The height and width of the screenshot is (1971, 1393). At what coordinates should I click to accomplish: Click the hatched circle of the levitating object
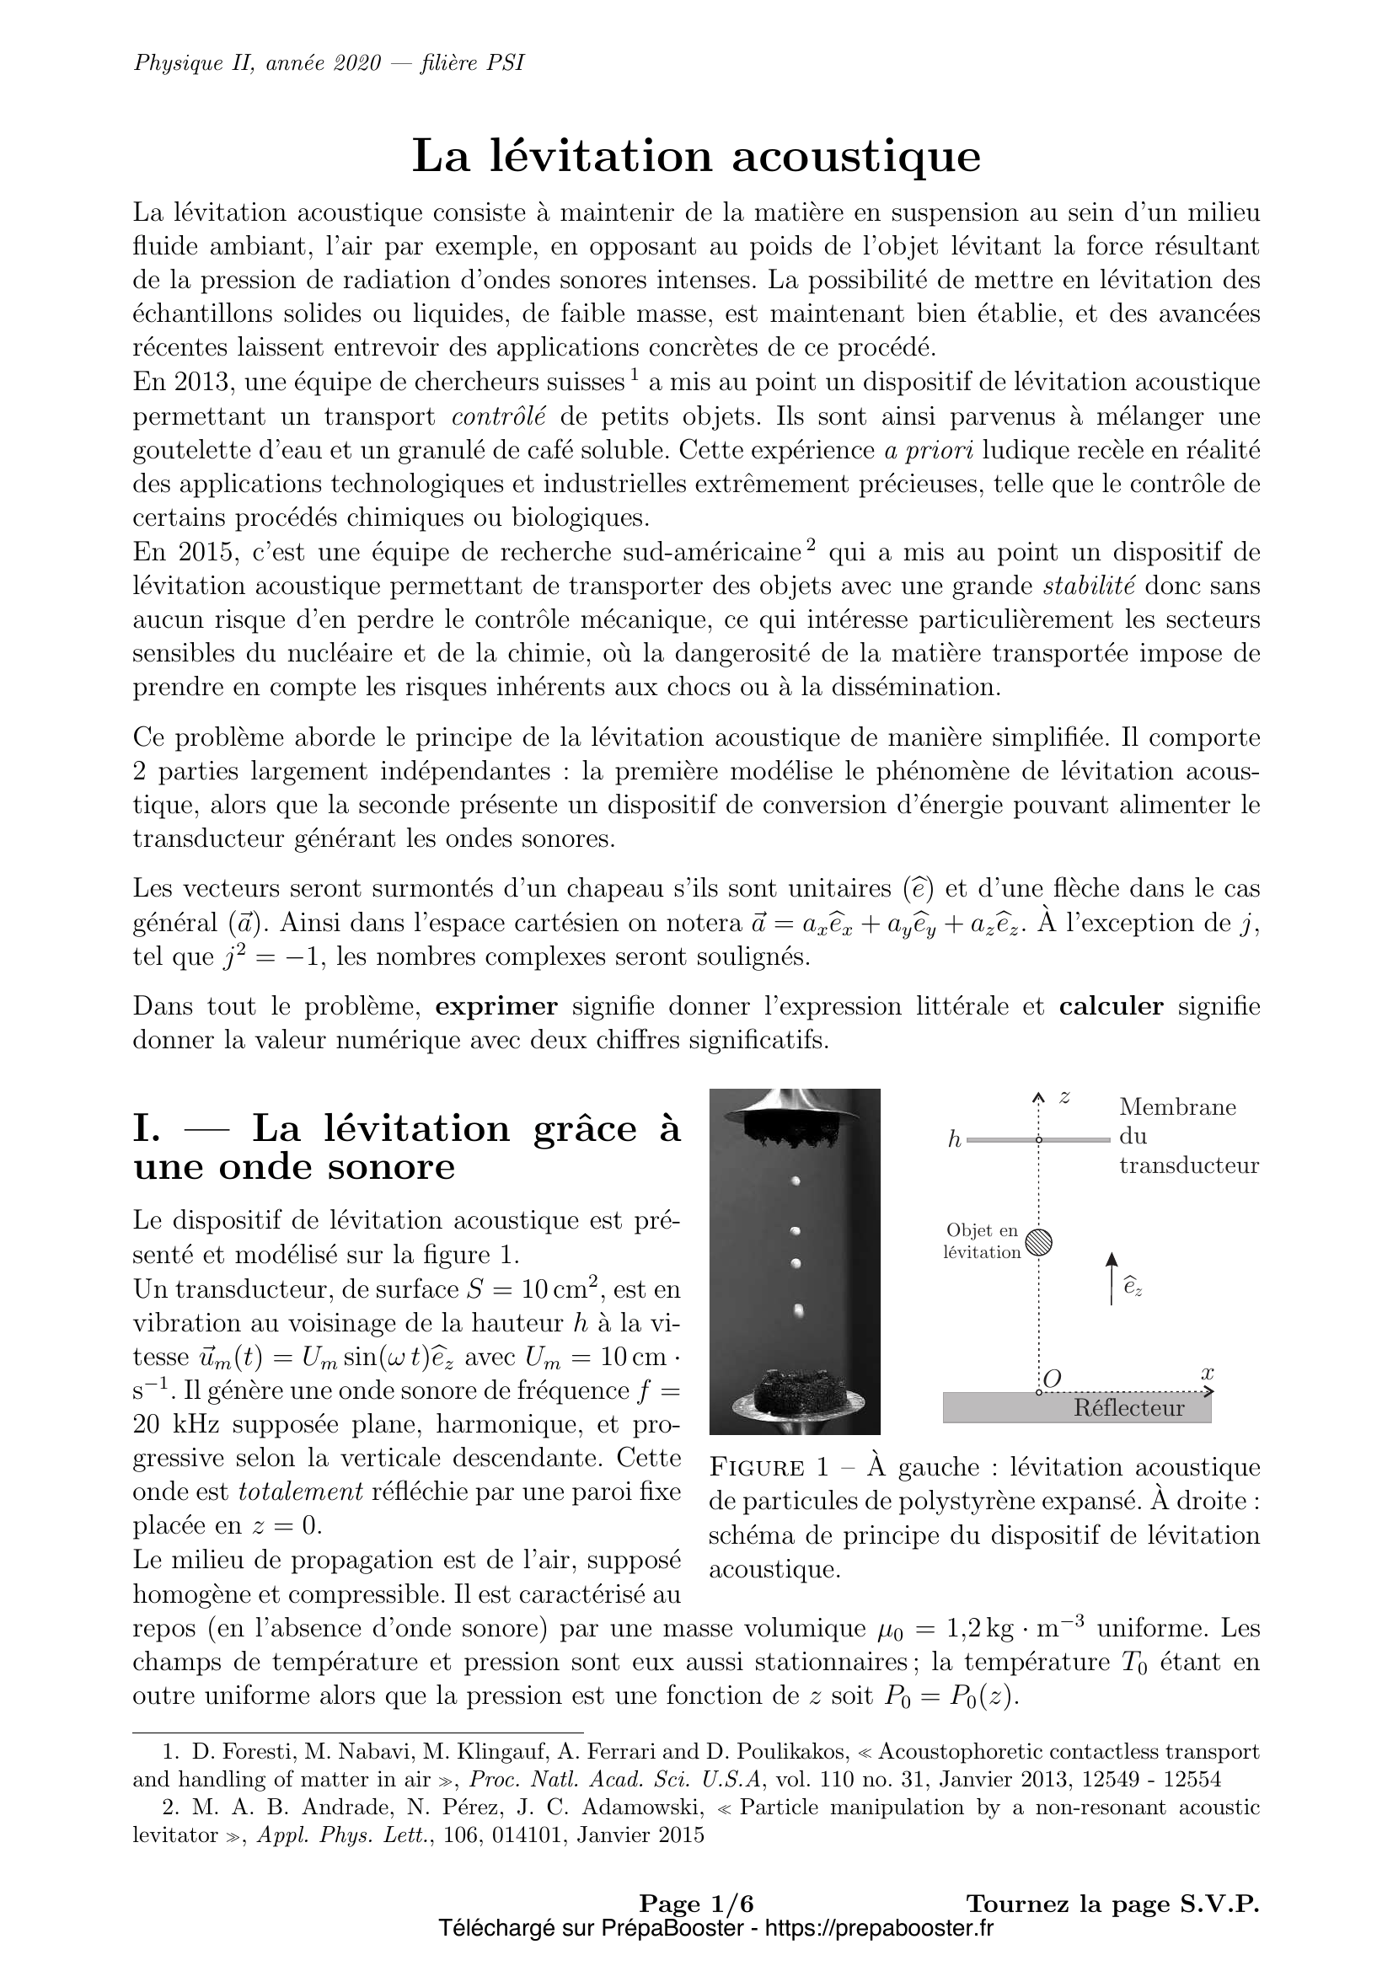1039,1242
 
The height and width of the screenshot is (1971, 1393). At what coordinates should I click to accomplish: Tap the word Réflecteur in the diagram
1128,1408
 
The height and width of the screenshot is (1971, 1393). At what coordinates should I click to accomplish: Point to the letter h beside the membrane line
954,1141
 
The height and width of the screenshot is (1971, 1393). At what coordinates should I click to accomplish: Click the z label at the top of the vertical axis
1064,1098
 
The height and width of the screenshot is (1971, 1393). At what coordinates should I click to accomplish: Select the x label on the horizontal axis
1208,1373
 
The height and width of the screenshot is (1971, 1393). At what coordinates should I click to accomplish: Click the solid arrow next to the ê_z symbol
1112,1278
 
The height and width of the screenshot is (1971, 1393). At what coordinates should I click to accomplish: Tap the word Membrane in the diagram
1177,1107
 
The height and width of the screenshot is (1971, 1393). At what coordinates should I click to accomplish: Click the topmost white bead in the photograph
796,1181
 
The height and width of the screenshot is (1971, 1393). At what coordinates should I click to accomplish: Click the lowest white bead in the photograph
799,1311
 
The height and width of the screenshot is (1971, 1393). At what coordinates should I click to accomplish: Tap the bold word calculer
1111,1006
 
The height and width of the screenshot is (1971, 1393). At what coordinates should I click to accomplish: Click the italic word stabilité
1088,586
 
